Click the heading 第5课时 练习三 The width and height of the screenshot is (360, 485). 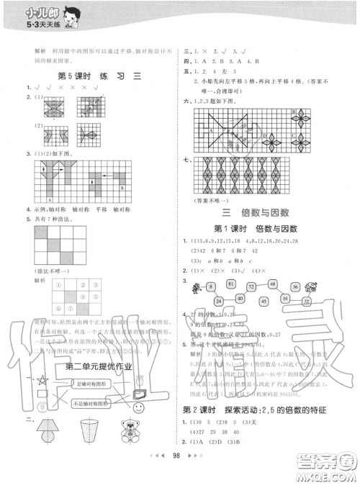pos(91,77)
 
